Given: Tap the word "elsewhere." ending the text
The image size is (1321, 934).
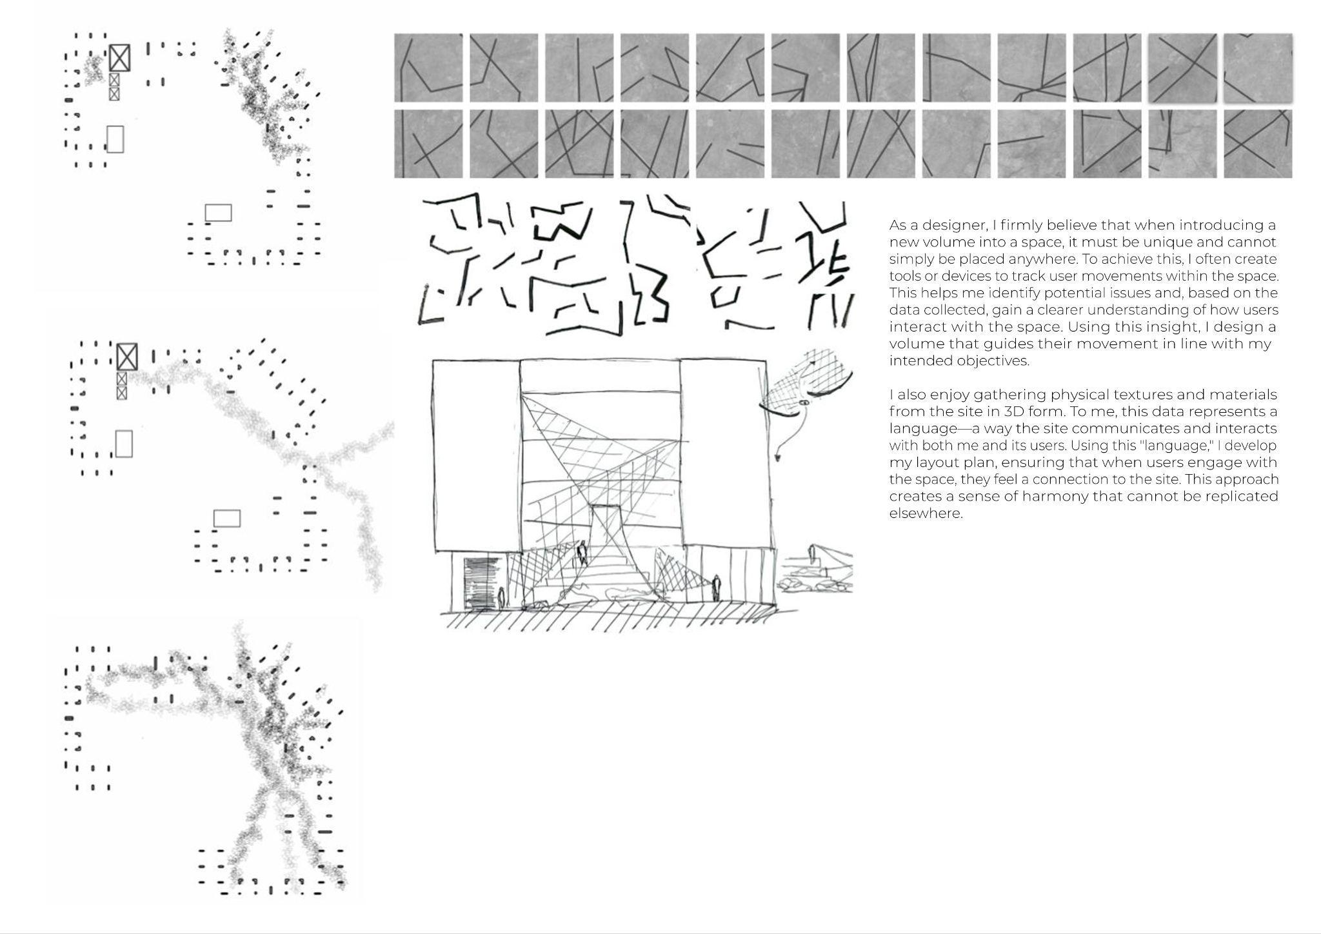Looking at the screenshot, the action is [926, 513].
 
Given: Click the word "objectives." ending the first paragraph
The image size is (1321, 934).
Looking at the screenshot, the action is [991, 361].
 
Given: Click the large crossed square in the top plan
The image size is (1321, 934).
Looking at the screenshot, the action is [119, 58].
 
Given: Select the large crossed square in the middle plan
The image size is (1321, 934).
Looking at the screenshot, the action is [127, 357].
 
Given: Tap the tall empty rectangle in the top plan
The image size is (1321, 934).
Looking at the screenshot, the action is [115, 139].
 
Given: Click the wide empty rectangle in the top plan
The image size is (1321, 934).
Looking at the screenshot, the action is [218, 213].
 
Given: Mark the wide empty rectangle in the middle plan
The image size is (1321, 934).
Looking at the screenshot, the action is [226, 518].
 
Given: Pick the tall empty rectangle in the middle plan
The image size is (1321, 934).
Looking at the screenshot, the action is [124, 444].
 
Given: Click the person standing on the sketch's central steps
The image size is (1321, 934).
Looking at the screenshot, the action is [582, 553].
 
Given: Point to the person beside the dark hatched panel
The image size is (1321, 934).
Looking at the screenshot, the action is [502, 598].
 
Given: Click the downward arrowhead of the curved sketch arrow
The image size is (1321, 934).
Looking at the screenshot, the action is [778, 457].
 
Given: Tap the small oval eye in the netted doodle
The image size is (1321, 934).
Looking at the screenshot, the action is [804, 402].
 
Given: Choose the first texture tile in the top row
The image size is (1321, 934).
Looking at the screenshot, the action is [428, 68].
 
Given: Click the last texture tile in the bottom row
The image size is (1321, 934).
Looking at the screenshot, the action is [1258, 144].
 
